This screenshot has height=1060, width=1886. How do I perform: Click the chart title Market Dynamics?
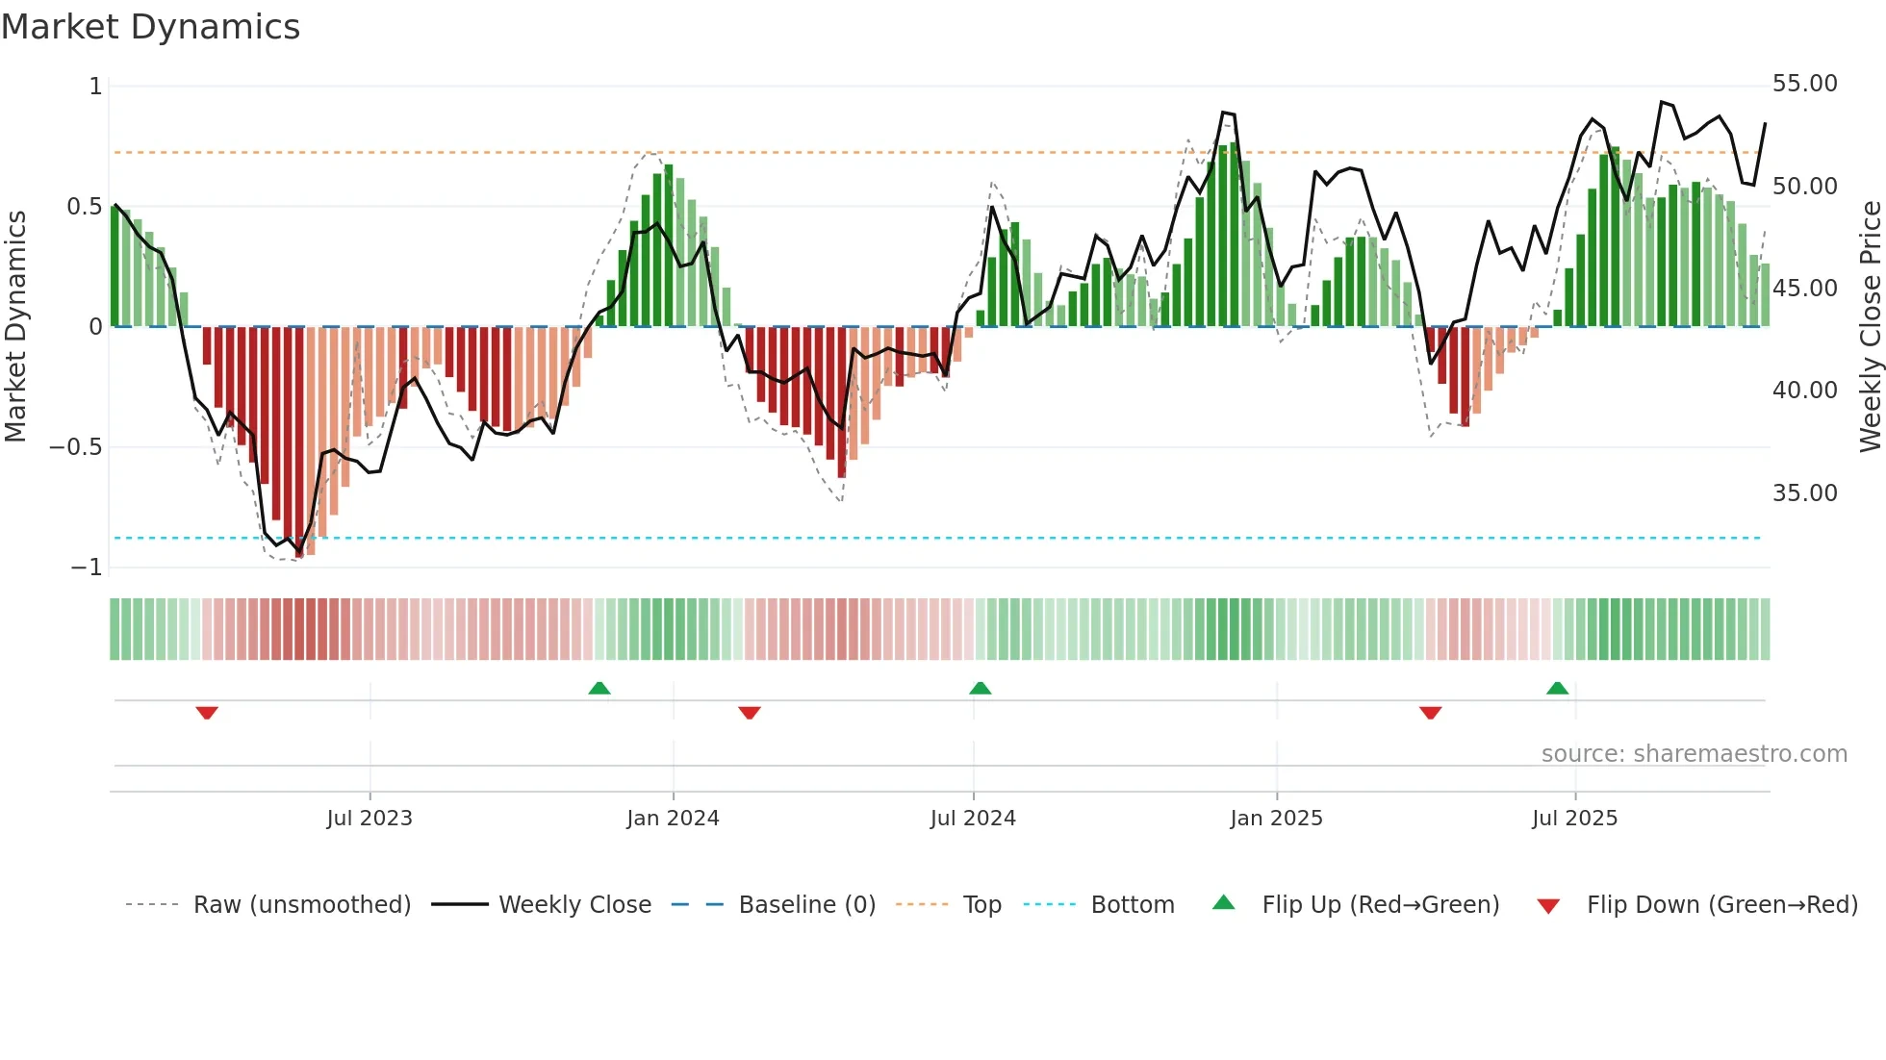(150, 27)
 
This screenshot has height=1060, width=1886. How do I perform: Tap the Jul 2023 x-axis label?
(370, 819)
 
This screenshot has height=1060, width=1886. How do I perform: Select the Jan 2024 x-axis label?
(673, 819)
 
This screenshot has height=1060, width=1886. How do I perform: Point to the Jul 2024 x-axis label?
(973, 819)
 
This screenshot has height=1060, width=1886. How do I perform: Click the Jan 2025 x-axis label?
(1276, 819)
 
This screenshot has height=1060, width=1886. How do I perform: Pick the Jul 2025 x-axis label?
(1574, 819)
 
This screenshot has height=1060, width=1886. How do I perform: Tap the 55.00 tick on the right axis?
(1804, 84)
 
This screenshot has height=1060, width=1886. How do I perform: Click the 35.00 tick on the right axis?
(1804, 493)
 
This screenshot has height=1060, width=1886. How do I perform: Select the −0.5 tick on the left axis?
(75, 447)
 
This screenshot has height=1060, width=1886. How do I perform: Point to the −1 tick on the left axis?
(86, 568)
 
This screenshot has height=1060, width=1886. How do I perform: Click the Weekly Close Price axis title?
(1870, 327)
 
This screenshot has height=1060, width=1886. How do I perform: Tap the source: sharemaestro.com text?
(1694, 754)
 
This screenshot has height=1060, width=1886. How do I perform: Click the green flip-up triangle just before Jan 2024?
(599, 688)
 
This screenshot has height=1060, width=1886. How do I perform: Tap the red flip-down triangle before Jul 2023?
(207, 713)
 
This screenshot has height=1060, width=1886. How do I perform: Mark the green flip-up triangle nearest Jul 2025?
(1557, 688)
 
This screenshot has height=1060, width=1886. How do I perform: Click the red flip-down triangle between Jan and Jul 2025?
(1430, 713)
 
